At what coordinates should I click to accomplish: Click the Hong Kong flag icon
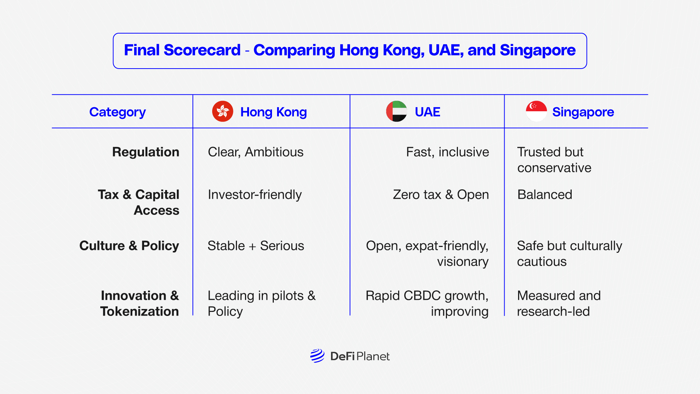[x=223, y=111]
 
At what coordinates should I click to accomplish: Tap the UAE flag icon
[x=397, y=111]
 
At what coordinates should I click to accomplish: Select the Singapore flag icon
[x=536, y=111]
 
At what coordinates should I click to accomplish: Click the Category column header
[x=117, y=112]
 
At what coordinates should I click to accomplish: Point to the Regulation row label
[x=146, y=152]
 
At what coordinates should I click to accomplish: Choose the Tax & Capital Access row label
[x=139, y=202]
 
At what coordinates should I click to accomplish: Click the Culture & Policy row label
[x=129, y=246]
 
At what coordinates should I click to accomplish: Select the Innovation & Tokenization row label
[x=140, y=304]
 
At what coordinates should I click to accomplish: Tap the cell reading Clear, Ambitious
[x=256, y=152]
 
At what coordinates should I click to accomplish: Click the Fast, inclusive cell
[x=448, y=152]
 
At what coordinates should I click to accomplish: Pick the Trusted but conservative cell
[x=554, y=160]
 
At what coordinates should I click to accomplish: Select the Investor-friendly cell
[x=255, y=195]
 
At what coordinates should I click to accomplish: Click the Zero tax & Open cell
[x=441, y=195]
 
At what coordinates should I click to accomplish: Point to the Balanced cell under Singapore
[x=545, y=195]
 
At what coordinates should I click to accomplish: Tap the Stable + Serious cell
[x=256, y=246]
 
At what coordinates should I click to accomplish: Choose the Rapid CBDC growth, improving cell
[x=427, y=304]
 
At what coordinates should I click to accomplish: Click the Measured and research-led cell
[x=559, y=304]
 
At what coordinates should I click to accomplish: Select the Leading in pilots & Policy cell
[x=262, y=304]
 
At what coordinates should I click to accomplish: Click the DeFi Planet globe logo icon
[x=317, y=356]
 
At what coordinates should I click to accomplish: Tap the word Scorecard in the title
[x=202, y=50]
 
